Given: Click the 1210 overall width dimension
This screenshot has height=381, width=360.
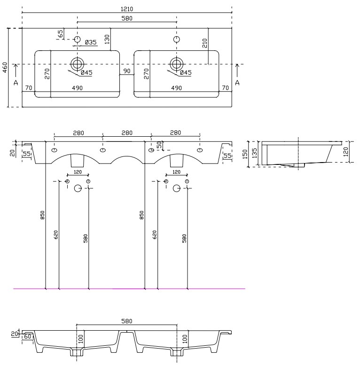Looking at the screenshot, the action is (x=126, y=9).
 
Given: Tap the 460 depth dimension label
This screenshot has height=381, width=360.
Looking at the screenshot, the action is (x=5, y=68).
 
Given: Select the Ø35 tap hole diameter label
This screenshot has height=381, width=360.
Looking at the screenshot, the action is (x=91, y=42).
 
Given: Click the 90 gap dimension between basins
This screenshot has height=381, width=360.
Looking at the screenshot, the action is (x=126, y=71).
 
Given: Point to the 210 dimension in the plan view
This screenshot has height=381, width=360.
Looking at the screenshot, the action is (x=204, y=43).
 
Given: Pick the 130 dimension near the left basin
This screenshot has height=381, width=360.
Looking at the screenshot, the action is (x=107, y=39).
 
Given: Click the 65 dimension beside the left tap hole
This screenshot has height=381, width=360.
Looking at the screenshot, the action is (x=61, y=33).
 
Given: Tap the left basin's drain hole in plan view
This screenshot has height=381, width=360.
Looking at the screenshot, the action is (x=77, y=64).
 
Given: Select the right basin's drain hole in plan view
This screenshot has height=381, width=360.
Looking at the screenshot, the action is (x=177, y=64).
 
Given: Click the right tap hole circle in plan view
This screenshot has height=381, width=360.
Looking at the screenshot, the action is (x=177, y=39).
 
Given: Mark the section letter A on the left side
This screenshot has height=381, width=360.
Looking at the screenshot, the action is (x=16, y=83).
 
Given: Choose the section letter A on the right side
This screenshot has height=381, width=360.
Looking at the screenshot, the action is (x=237, y=83).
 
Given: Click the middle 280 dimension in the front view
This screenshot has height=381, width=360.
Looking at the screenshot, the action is (x=127, y=133).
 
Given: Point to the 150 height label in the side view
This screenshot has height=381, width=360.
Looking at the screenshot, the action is (x=245, y=154).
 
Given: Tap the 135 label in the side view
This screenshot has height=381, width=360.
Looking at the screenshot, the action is (x=254, y=153).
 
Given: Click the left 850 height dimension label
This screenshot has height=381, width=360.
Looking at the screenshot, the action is (x=43, y=215).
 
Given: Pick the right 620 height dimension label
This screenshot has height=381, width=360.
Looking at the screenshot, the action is (x=155, y=235).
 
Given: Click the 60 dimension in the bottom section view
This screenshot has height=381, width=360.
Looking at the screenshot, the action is (x=28, y=336).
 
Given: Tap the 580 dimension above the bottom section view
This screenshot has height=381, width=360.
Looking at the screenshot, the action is (x=126, y=321).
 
